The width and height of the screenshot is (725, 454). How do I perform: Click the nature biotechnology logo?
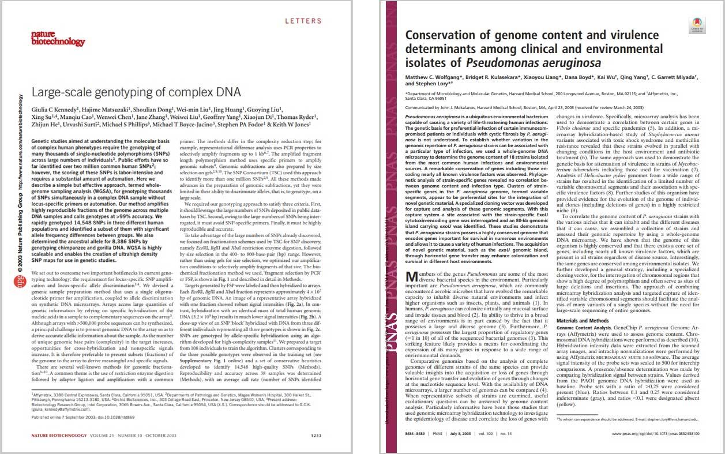(x=50, y=38)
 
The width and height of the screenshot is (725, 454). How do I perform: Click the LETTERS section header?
(x=303, y=21)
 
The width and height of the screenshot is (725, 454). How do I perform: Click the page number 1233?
(x=316, y=435)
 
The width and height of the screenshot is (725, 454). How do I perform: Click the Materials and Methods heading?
(x=582, y=320)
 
